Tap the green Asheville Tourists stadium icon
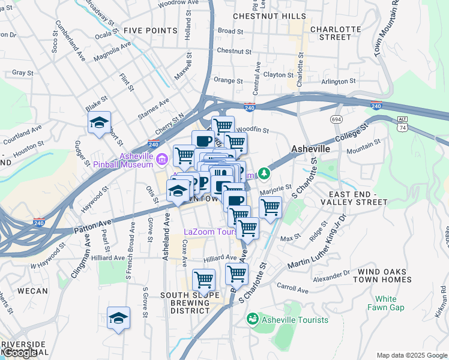coord(253,318)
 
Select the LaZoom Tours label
coord(211,232)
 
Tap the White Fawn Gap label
coord(386,303)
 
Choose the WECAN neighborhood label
coord(33,291)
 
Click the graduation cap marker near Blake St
coord(99,124)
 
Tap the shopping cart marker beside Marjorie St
coord(271,208)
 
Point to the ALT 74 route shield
coord(402,124)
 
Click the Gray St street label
coord(22,73)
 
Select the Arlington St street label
coord(339,82)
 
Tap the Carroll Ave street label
coord(292,290)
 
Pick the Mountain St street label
coord(364,144)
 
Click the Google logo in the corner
coord(19,353)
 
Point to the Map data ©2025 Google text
coord(412,355)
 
